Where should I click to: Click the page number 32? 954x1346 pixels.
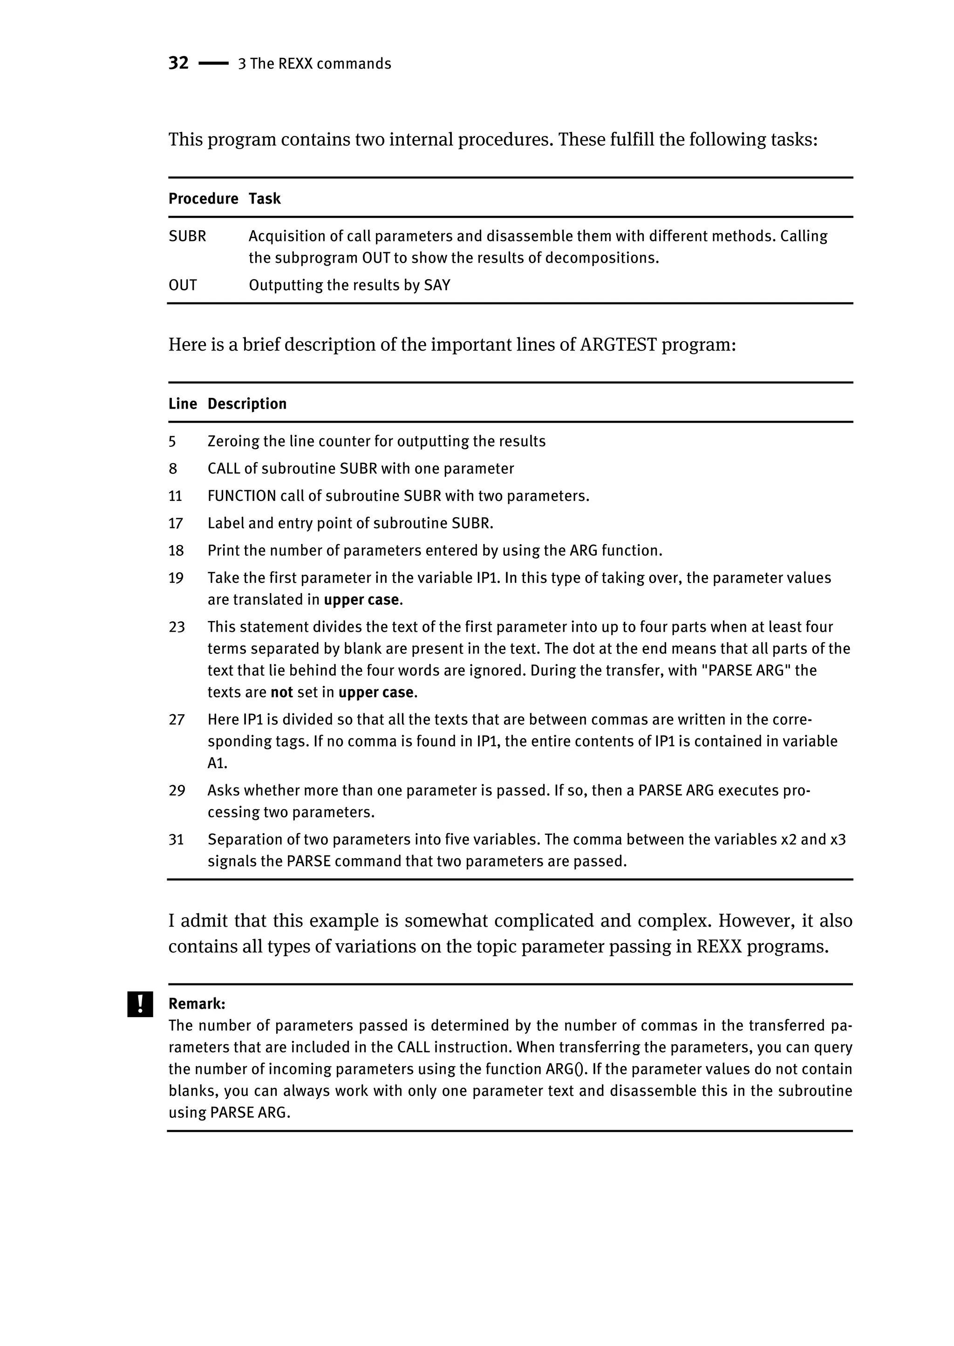[x=178, y=63]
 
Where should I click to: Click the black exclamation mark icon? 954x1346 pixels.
[x=140, y=1004]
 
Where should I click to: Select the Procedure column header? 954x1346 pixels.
[x=203, y=198]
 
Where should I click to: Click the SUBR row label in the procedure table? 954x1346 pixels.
[x=187, y=236]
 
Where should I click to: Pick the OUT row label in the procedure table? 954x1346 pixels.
[x=182, y=286]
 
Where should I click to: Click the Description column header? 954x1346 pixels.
[x=247, y=403]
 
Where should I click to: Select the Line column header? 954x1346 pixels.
[x=182, y=403]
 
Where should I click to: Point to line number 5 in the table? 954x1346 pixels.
[x=172, y=442]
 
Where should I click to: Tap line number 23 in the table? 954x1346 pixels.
[x=176, y=628]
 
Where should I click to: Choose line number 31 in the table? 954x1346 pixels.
[x=176, y=840]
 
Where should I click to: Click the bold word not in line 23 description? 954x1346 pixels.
[x=281, y=693]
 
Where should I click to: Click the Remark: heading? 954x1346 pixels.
[x=197, y=1004]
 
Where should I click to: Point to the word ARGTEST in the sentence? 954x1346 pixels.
[x=618, y=344]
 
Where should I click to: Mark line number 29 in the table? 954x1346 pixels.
[x=176, y=791]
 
